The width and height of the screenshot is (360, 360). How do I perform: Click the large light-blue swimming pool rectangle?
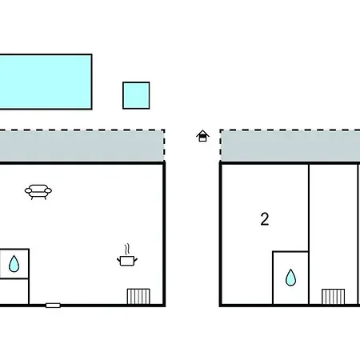coord(46,82)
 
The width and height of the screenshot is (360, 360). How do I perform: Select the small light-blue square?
coord(136,95)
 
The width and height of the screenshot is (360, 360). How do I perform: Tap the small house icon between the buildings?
coord(202,136)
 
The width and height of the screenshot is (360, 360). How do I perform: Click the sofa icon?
coord(38,192)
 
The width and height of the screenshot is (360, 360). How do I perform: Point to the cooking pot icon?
coord(127,261)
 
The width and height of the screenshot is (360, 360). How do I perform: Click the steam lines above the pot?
coord(127,249)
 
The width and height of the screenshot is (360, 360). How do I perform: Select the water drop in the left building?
coord(14,263)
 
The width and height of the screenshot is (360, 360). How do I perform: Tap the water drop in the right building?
coord(290,278)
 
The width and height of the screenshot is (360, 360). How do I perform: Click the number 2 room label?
coord(265,219)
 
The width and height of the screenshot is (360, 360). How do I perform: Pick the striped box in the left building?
coord(138,296)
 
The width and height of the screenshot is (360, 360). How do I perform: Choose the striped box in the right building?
coord(333,297)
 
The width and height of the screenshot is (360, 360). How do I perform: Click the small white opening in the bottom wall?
coord(53,306)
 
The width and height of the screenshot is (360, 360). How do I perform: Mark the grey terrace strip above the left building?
coord(82,146)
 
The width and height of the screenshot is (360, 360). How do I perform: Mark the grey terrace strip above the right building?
coord(290,146)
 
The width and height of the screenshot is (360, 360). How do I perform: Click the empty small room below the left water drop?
coord(14,291)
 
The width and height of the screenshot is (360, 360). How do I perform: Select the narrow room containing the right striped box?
coord(334,234)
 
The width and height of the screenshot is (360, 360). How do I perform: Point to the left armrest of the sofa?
coord(28,190)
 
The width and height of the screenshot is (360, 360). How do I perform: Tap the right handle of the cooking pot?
coord(135,259)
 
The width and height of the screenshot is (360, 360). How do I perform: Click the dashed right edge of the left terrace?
coord(164,146)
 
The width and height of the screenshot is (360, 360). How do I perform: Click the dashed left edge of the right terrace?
coord(221,146)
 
